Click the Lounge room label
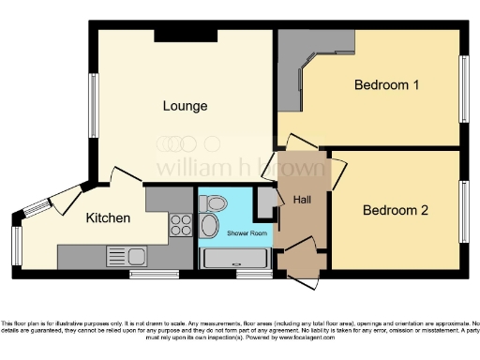click(184, 106)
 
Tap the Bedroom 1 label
click(385, 85)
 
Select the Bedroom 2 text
click(395, 210)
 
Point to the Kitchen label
click(108, 217)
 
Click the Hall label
click(302, 201)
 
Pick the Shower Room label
click(235, 233)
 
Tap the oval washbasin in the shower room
click(209, 225)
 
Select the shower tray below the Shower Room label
click(235, 260)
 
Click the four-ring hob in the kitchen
click(180, 225)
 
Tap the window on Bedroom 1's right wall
click(461, 86)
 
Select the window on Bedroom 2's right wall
click(461, 211)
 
